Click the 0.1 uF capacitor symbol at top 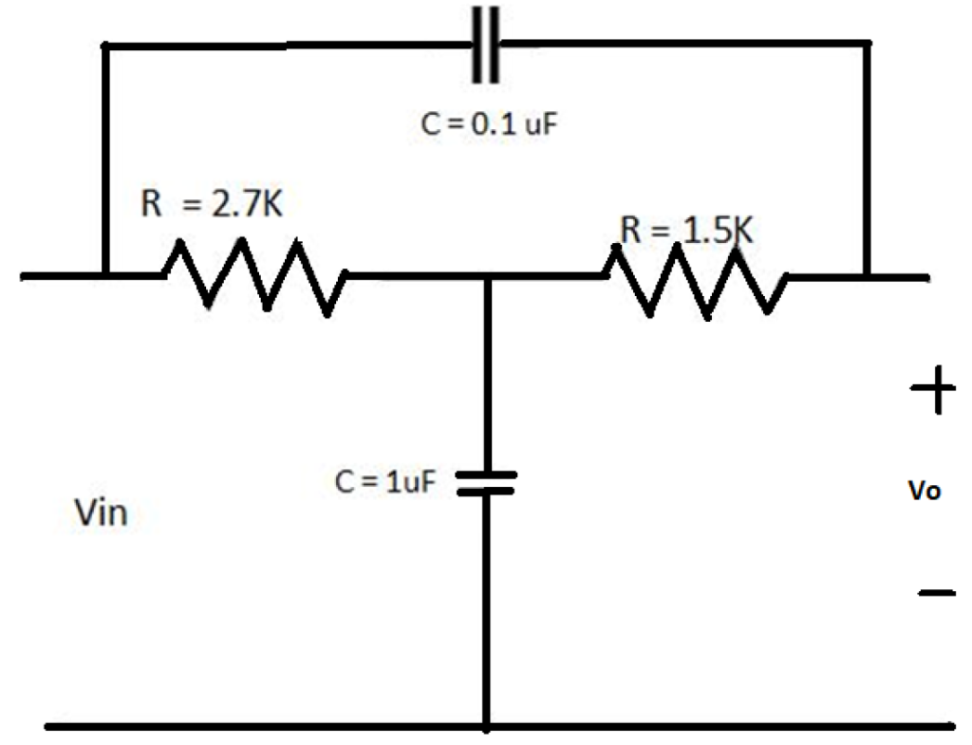[x=487, y=44]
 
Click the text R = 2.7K [x=211, y=203]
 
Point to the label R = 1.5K [x=686, y=230]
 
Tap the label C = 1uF [x=387, y=481]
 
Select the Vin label [x=100, y=514]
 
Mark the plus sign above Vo [x=933, y=390]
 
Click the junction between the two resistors [x=487, y=277]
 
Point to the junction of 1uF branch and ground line [x=487, y=729]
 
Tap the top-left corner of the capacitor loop [x=103, y=45]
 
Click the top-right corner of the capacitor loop [x=868, y=43]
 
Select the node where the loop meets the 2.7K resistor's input [x=103, y=276]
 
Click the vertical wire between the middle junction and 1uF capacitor [x=487, y=370]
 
